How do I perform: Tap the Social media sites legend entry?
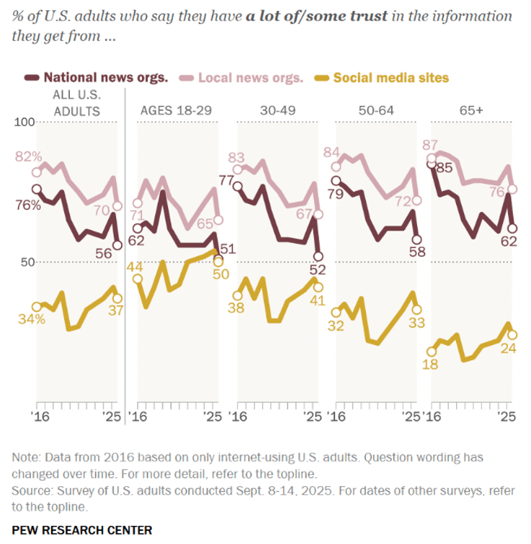(x=393, y=77)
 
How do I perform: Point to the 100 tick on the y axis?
(x=25, y=122)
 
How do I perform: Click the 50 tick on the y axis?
(x=27, y=262)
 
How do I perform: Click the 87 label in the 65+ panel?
(x=433, y=145)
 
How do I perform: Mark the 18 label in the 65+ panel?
(x=432, y=365)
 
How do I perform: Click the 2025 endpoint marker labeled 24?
(x=512, y=335)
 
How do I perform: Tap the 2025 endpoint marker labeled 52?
(x=318, y=256)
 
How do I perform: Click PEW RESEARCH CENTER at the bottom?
(x=82, y=530)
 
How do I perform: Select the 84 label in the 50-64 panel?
(x=333, y=152)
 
